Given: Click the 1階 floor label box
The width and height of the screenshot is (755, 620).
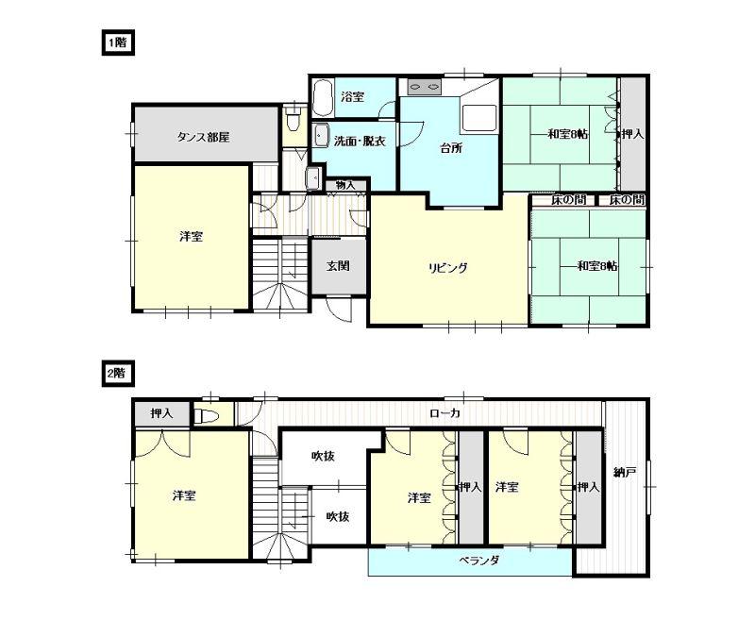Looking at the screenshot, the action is (x=118, y=43).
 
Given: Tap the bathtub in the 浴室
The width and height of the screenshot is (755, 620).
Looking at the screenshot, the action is (x=323, y=98).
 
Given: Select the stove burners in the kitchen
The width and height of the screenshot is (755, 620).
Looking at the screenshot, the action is (x=424, y=88).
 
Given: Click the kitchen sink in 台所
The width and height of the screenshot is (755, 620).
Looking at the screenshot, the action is (x=478, y=119).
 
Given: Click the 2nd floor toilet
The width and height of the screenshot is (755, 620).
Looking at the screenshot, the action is (x=206, y=415).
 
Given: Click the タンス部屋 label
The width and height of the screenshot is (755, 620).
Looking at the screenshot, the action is (x=203, y=138).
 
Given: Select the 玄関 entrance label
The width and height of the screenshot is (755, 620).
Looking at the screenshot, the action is (x=339, y=266).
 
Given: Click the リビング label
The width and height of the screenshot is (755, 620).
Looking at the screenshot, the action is (x=448, y=268).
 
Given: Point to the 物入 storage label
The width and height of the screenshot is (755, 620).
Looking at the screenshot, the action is (x=345, y=185).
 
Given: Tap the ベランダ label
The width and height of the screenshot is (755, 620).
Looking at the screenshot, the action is (x=478, y=561).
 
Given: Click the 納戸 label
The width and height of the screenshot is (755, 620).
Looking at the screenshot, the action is (x=626, y=472).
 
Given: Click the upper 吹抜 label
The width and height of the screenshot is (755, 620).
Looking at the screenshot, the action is (x=323, y=456).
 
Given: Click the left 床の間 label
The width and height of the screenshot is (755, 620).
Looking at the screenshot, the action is (x=569, y=199).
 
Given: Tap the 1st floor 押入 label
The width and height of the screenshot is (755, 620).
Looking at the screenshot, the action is (x=632, y=134).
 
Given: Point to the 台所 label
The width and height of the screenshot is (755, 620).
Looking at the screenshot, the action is (x=451, y=148).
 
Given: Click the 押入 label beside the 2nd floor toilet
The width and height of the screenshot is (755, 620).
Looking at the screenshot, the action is (x=161, y=413).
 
